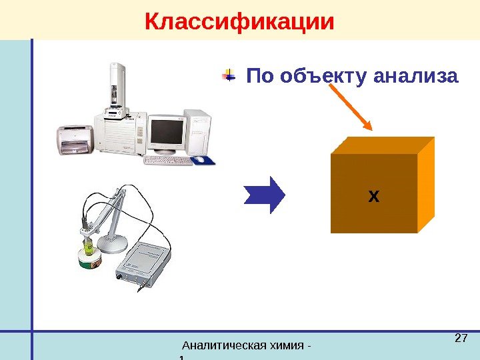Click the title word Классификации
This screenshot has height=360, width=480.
pos(239,21)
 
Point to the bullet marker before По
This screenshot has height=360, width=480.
pos(229,76)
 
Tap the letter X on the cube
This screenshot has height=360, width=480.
pos(373,196)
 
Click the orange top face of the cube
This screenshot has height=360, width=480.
pos(383,145)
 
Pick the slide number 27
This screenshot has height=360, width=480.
pos(459,339)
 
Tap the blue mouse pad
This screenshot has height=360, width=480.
pos(205,161)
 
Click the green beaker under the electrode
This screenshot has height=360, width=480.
pos(88,251)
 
